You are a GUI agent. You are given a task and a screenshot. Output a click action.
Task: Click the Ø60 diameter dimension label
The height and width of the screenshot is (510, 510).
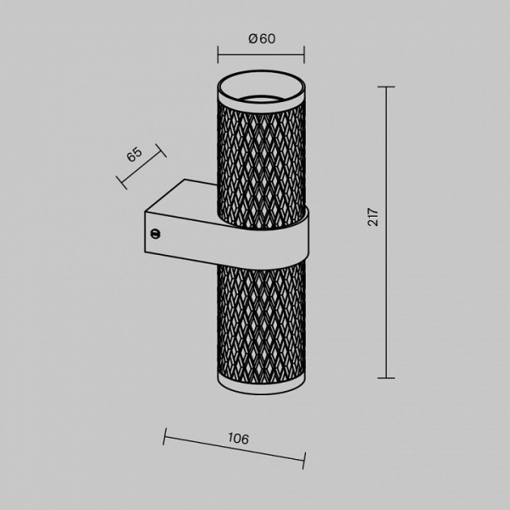click(x=262, y=39)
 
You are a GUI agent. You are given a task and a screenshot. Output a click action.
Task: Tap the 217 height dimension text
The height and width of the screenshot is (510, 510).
click(x=373, y=217)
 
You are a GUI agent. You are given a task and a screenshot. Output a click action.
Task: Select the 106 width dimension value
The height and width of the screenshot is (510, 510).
click(x=238, y=439)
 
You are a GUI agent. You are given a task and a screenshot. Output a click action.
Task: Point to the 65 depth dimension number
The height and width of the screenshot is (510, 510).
click(x=134, y=154)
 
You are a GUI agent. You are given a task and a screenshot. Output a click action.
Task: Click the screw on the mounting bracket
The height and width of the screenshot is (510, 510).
click(x=156, y=233)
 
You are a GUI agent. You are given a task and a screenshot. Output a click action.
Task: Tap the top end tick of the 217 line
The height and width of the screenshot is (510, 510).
click(x=386, y=87)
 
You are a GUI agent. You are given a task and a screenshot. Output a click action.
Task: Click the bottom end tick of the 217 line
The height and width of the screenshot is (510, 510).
click(x=386, y=378)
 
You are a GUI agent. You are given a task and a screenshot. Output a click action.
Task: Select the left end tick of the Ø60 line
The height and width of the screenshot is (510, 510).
click(x=218, y=54)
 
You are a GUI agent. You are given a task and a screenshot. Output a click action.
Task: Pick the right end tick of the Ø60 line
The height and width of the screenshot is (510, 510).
click(x=304, y=54)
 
